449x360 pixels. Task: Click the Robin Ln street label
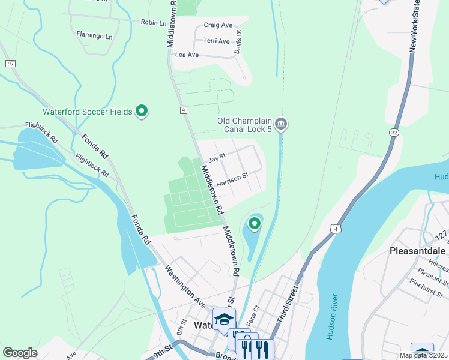point(153,23)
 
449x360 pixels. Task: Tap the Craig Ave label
point(218,25)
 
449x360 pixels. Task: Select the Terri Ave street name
point(217,41)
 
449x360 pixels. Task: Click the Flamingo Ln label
point(94,35)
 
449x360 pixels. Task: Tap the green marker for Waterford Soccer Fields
point(142,111)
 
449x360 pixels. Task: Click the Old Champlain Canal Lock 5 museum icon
point(282,124)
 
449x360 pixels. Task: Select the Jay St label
point(216,158)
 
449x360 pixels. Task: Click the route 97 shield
point(10,63)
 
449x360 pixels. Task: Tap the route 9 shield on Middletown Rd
point(184,110)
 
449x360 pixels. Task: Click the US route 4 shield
point(334,229)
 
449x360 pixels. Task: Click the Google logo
point(20,353)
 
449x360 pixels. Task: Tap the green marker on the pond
point(255,224)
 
